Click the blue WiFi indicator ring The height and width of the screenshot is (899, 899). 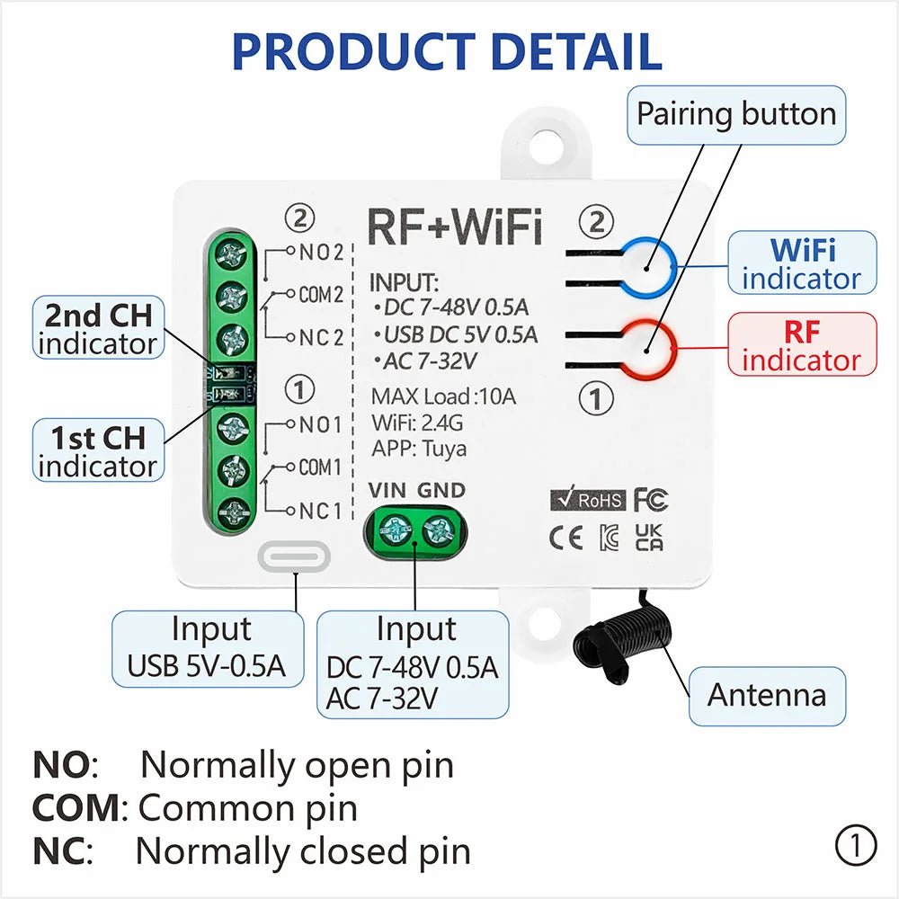[650, 267]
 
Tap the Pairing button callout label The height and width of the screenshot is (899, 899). [736, 114]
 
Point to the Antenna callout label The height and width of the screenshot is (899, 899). [767, 695]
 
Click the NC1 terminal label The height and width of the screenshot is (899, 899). [320, 512]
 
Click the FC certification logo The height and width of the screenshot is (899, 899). [650, 500]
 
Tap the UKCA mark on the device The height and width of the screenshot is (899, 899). [649, 538]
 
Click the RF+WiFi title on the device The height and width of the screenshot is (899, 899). [455, 227]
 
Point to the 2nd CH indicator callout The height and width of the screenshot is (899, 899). [99, 328]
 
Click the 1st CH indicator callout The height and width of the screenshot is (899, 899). [98, 451]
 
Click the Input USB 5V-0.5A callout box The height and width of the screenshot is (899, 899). [207, 648]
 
